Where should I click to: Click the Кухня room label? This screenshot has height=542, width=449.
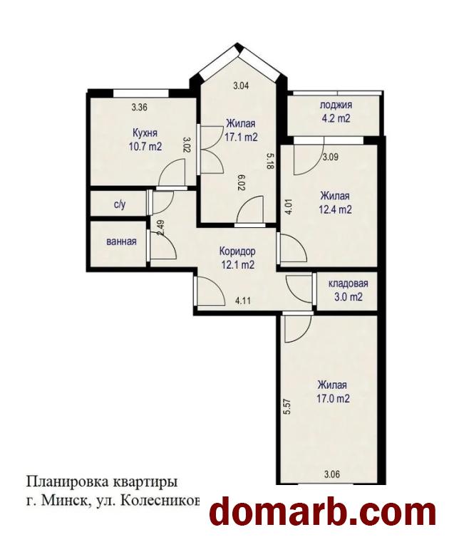click(x=145, y=133)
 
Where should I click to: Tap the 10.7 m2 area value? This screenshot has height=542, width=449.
click(x=145, y=147)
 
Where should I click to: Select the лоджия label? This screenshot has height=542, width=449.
click(x=336, y=105)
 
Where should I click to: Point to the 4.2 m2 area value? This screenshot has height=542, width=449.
click(x=336, y=118)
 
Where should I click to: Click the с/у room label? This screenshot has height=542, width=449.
click(x=120, y=205)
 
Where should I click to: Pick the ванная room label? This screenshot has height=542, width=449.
click(x=121, y=241)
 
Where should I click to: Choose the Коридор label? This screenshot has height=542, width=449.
click(x=237, y=251)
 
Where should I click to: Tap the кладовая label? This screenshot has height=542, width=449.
click(x=348, y=283)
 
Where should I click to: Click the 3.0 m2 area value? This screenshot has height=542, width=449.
click(x=348, y=296)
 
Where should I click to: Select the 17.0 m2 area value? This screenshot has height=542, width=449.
click(x=333, y=399)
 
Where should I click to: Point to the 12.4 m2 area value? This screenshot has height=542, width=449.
click(x=336, y=209)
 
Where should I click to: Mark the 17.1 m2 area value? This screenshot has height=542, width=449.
click(x=241, y=137)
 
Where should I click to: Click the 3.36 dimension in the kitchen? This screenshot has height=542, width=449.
click(x=140, y=108)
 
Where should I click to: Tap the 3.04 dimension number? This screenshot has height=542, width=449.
click(x=241, y=85)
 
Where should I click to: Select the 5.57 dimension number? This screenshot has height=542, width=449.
click(x=286, y=407)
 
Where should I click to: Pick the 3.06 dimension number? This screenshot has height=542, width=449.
click(x=331, y=474)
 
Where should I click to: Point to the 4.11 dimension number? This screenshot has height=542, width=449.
click(x=243, y=301)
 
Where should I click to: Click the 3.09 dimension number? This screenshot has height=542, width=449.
click(x=331, y=157)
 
